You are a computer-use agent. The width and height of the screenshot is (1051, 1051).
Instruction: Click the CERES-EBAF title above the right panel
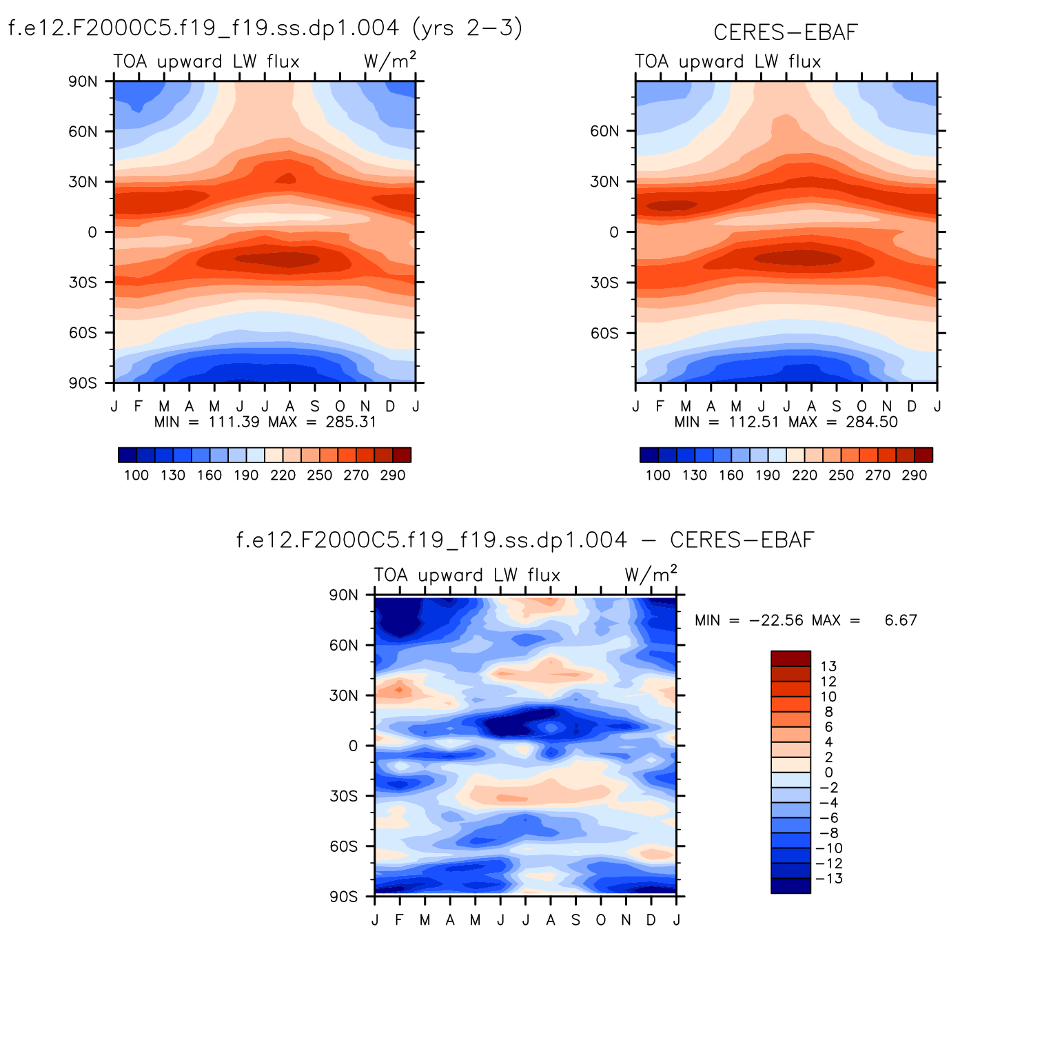(786, 32)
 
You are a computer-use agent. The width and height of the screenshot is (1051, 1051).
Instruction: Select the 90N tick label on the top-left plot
(83, 81)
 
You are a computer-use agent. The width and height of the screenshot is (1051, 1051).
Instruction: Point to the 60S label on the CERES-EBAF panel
(604, 334)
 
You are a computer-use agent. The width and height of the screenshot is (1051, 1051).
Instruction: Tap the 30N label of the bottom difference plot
(343, 695)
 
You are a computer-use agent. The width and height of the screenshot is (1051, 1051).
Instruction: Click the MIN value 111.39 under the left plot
(234, 422)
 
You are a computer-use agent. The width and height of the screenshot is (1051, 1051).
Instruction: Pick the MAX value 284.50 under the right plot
(872, 422)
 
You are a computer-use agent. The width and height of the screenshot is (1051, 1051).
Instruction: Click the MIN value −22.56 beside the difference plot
(776, 620)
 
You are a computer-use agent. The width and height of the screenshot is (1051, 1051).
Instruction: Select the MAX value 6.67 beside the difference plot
(901, 620)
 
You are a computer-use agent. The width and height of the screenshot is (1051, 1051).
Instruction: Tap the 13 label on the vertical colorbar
(828, 666)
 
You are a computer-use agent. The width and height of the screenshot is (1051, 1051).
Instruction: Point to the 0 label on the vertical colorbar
(828, 773)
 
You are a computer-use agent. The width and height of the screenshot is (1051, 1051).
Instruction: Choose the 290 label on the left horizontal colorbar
(393, 476)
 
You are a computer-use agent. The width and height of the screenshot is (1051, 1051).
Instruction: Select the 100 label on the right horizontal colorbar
(658, 476)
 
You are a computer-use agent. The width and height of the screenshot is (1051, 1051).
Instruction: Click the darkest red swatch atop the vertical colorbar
(790, 658)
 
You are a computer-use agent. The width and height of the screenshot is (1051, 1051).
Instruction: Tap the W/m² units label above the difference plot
(651, 574)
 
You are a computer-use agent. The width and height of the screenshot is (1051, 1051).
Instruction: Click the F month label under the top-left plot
(139, 407)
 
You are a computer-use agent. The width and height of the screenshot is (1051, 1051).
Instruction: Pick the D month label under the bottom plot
(651, 920)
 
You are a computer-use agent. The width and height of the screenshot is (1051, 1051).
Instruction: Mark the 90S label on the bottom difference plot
(343, 897)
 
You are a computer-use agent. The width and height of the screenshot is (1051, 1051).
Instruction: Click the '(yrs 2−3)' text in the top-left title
(467, 28)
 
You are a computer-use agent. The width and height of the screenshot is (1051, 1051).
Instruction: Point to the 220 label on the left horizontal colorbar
(283, 476)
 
